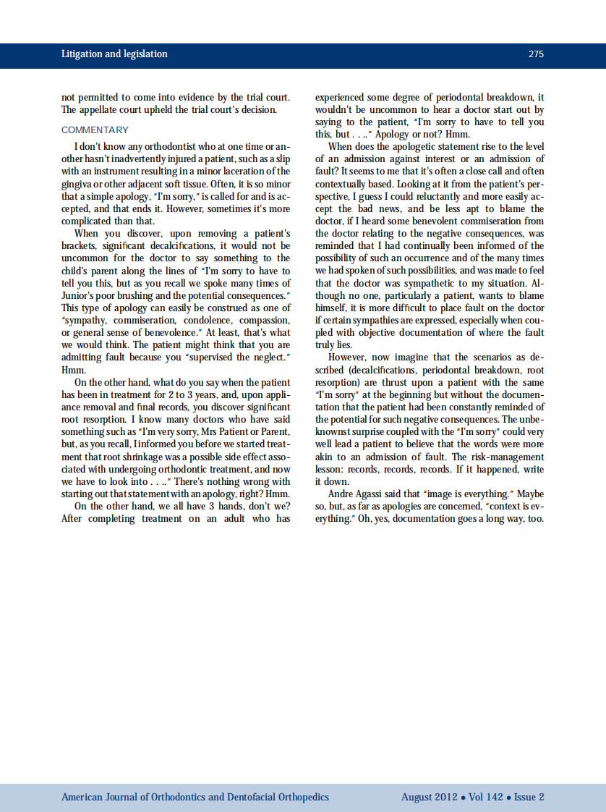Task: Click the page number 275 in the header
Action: click(x=536, y=54)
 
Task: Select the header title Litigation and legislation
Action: click(x=114, y=54)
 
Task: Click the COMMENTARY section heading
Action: click(x=95, y=130)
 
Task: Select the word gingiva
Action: click(x=77, y=184)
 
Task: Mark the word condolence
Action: click(x=196, y=320)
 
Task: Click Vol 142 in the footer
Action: click(x=484, y=798)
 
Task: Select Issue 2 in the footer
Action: click(x=529, y=798)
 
